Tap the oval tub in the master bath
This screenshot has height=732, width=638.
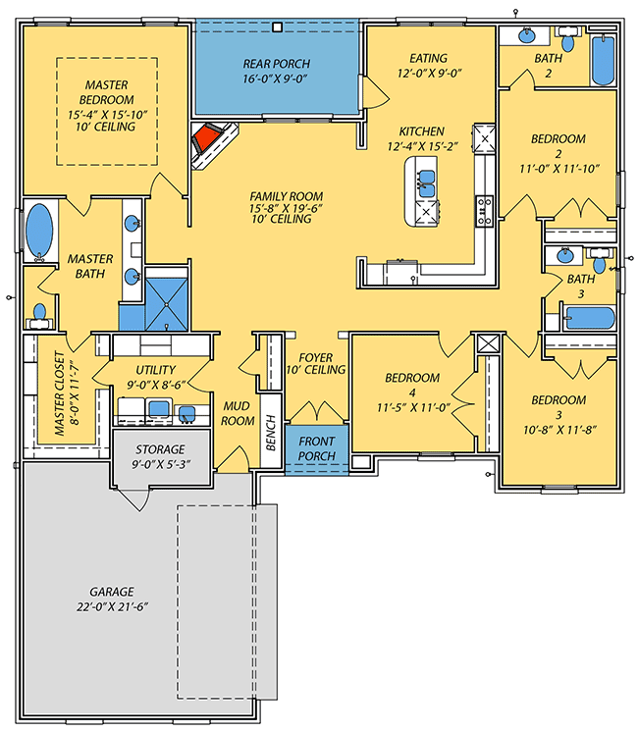(x=39, y=232)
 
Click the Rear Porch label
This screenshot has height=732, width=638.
(x=278, y=65)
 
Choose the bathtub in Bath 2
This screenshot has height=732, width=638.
(x=603, y=63)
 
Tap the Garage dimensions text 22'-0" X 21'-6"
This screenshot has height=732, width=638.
(x=112, y=607)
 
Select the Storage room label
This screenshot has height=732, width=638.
(x=161, y=448)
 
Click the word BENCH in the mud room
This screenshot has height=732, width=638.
(x=271, y=432)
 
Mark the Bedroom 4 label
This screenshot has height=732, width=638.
(x=412, y=378)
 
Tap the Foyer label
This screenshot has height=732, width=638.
(x=315, y=356)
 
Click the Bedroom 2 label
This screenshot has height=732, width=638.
(x=558, y=138)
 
